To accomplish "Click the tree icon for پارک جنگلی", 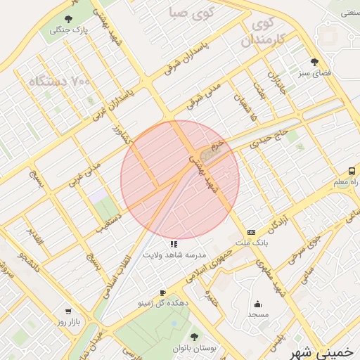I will pyautogui.click(x=68, y=19).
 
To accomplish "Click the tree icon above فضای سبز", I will pyautogui.click(x=314, y=62).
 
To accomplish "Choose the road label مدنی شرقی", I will pyautogui.click(x=203, y=95).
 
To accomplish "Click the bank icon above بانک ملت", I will pyautogui.click(x=251, y=232).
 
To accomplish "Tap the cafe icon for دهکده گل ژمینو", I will pyautogui.click(x=162, y=292).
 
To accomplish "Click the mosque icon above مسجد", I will pyautogui.click(x=257, y=304).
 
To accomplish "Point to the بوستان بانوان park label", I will pyautogui.click(x=195, y=348).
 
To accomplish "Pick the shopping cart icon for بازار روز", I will pyautogui.click(x=68, y=311).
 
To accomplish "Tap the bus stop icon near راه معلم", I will pyautogui.click(x=352, y=171).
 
